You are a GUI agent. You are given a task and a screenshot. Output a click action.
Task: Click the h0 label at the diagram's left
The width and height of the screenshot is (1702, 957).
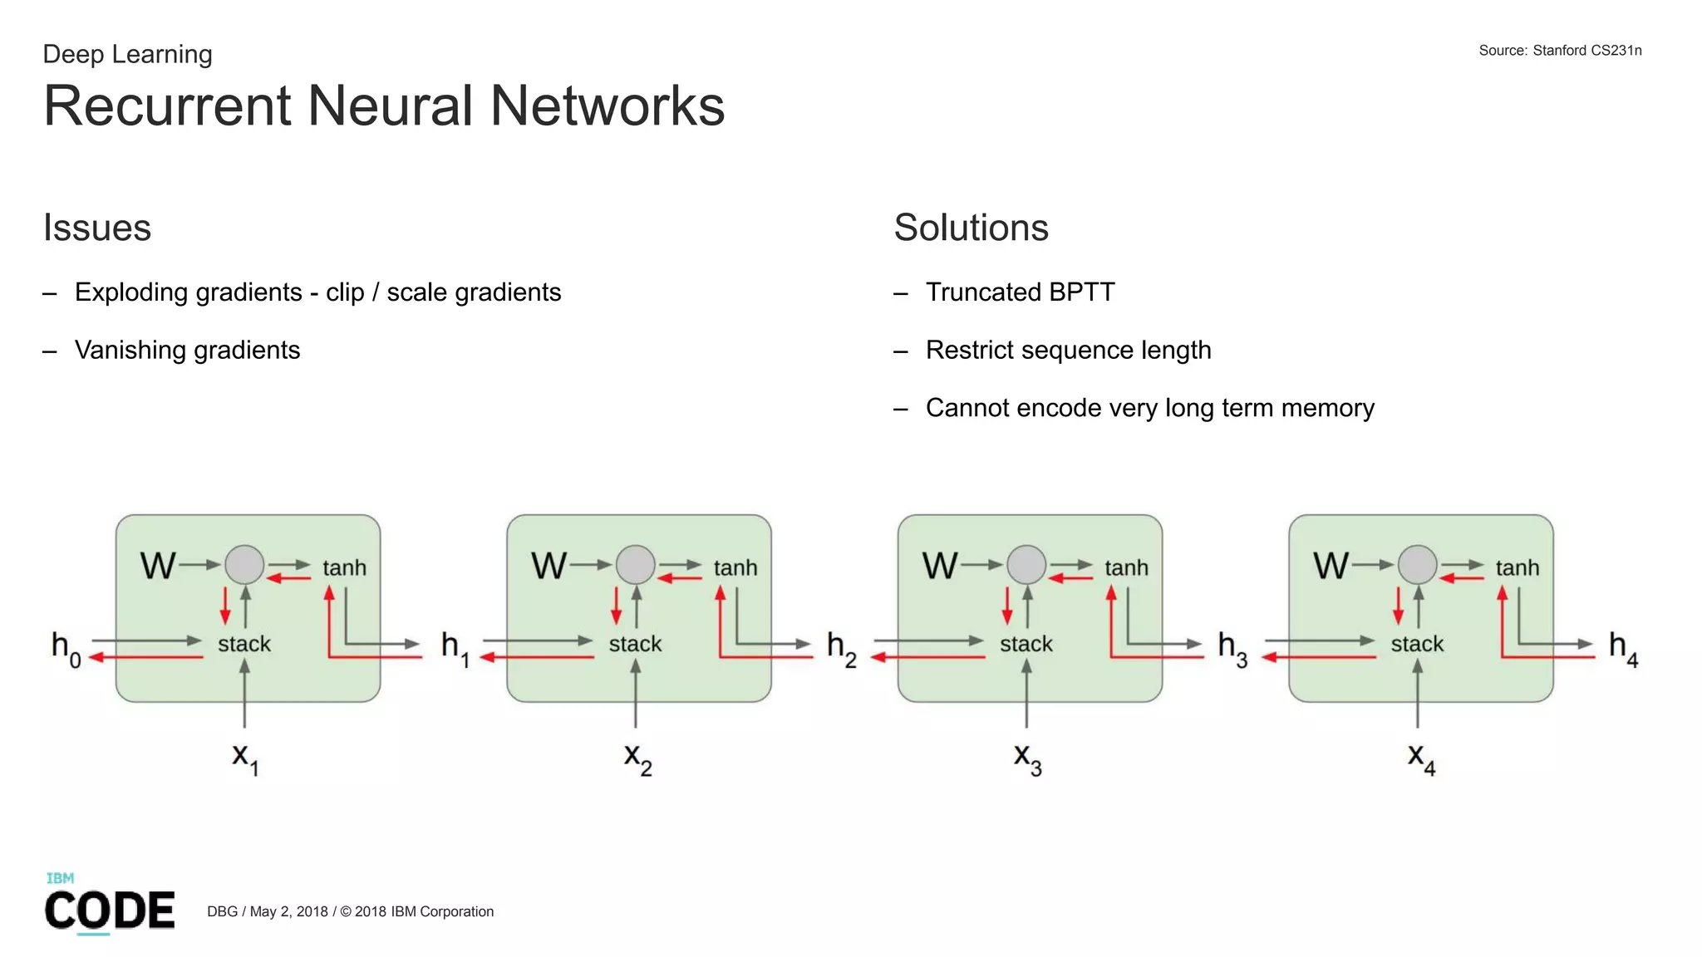[x=66, y=647]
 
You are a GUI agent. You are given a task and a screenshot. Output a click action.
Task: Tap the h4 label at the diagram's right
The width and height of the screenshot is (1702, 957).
[x=1622, y=647]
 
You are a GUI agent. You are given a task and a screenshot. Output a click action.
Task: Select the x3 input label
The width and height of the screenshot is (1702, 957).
[x=1027, y=758]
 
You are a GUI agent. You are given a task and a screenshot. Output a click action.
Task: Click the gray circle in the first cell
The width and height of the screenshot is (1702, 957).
[x=244, y=565]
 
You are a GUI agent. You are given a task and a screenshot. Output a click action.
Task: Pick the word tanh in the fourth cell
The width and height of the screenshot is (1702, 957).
[x=1517, y=568]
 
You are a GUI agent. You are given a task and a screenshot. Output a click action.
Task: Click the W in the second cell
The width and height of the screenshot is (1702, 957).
[x=548, y=567]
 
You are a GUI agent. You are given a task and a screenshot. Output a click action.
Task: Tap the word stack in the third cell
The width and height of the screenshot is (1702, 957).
[x=1026, y=644]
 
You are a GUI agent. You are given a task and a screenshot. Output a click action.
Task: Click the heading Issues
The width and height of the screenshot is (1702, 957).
[x=97, y=228]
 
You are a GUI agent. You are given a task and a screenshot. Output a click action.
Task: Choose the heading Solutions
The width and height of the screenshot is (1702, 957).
[x=971, y=228]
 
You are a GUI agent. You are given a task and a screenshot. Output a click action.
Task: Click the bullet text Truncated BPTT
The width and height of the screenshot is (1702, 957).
[x=1020, y=292]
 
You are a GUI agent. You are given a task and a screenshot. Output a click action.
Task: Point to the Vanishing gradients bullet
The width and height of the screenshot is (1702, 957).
[x=187, y=350]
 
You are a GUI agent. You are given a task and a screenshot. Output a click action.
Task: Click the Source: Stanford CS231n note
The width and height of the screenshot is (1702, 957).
[x=1559, y=51]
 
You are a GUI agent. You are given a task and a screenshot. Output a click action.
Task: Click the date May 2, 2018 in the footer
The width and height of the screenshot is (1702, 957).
[x=288, y=911]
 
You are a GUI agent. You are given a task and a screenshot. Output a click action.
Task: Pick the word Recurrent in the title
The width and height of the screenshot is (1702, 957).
[x=167, y=106]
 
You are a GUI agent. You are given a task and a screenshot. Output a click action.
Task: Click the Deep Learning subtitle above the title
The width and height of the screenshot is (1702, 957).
[x=127, y=54]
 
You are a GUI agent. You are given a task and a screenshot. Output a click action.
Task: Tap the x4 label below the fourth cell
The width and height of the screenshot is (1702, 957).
[x=1420, y=758]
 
